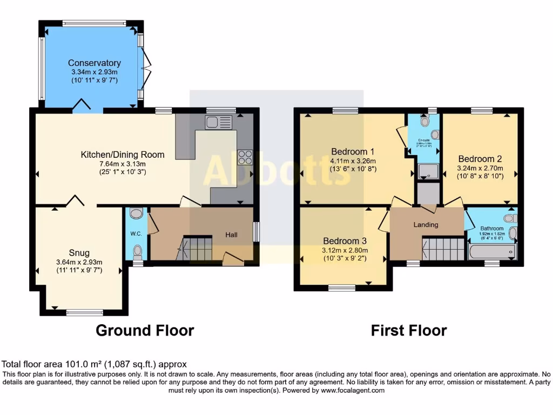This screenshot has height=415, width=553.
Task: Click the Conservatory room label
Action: tap(95, 63)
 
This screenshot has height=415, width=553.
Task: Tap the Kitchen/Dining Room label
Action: tap(123, 155)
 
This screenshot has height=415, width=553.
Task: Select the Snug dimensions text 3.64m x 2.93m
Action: tap(79, 262)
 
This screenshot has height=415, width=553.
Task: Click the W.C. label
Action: tap(135, 234)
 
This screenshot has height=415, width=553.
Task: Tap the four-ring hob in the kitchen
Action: tap(245, 157)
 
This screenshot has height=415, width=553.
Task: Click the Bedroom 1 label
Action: tap(353, 151)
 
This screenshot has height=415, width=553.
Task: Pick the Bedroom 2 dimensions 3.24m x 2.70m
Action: tap(480, 168)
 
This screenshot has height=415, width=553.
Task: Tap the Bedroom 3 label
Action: tap(345, 240)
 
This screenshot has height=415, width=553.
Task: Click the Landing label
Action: tap(426, 224)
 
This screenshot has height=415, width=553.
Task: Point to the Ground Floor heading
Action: tap(145, 330)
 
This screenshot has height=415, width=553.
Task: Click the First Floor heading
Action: tap(409, 330)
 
